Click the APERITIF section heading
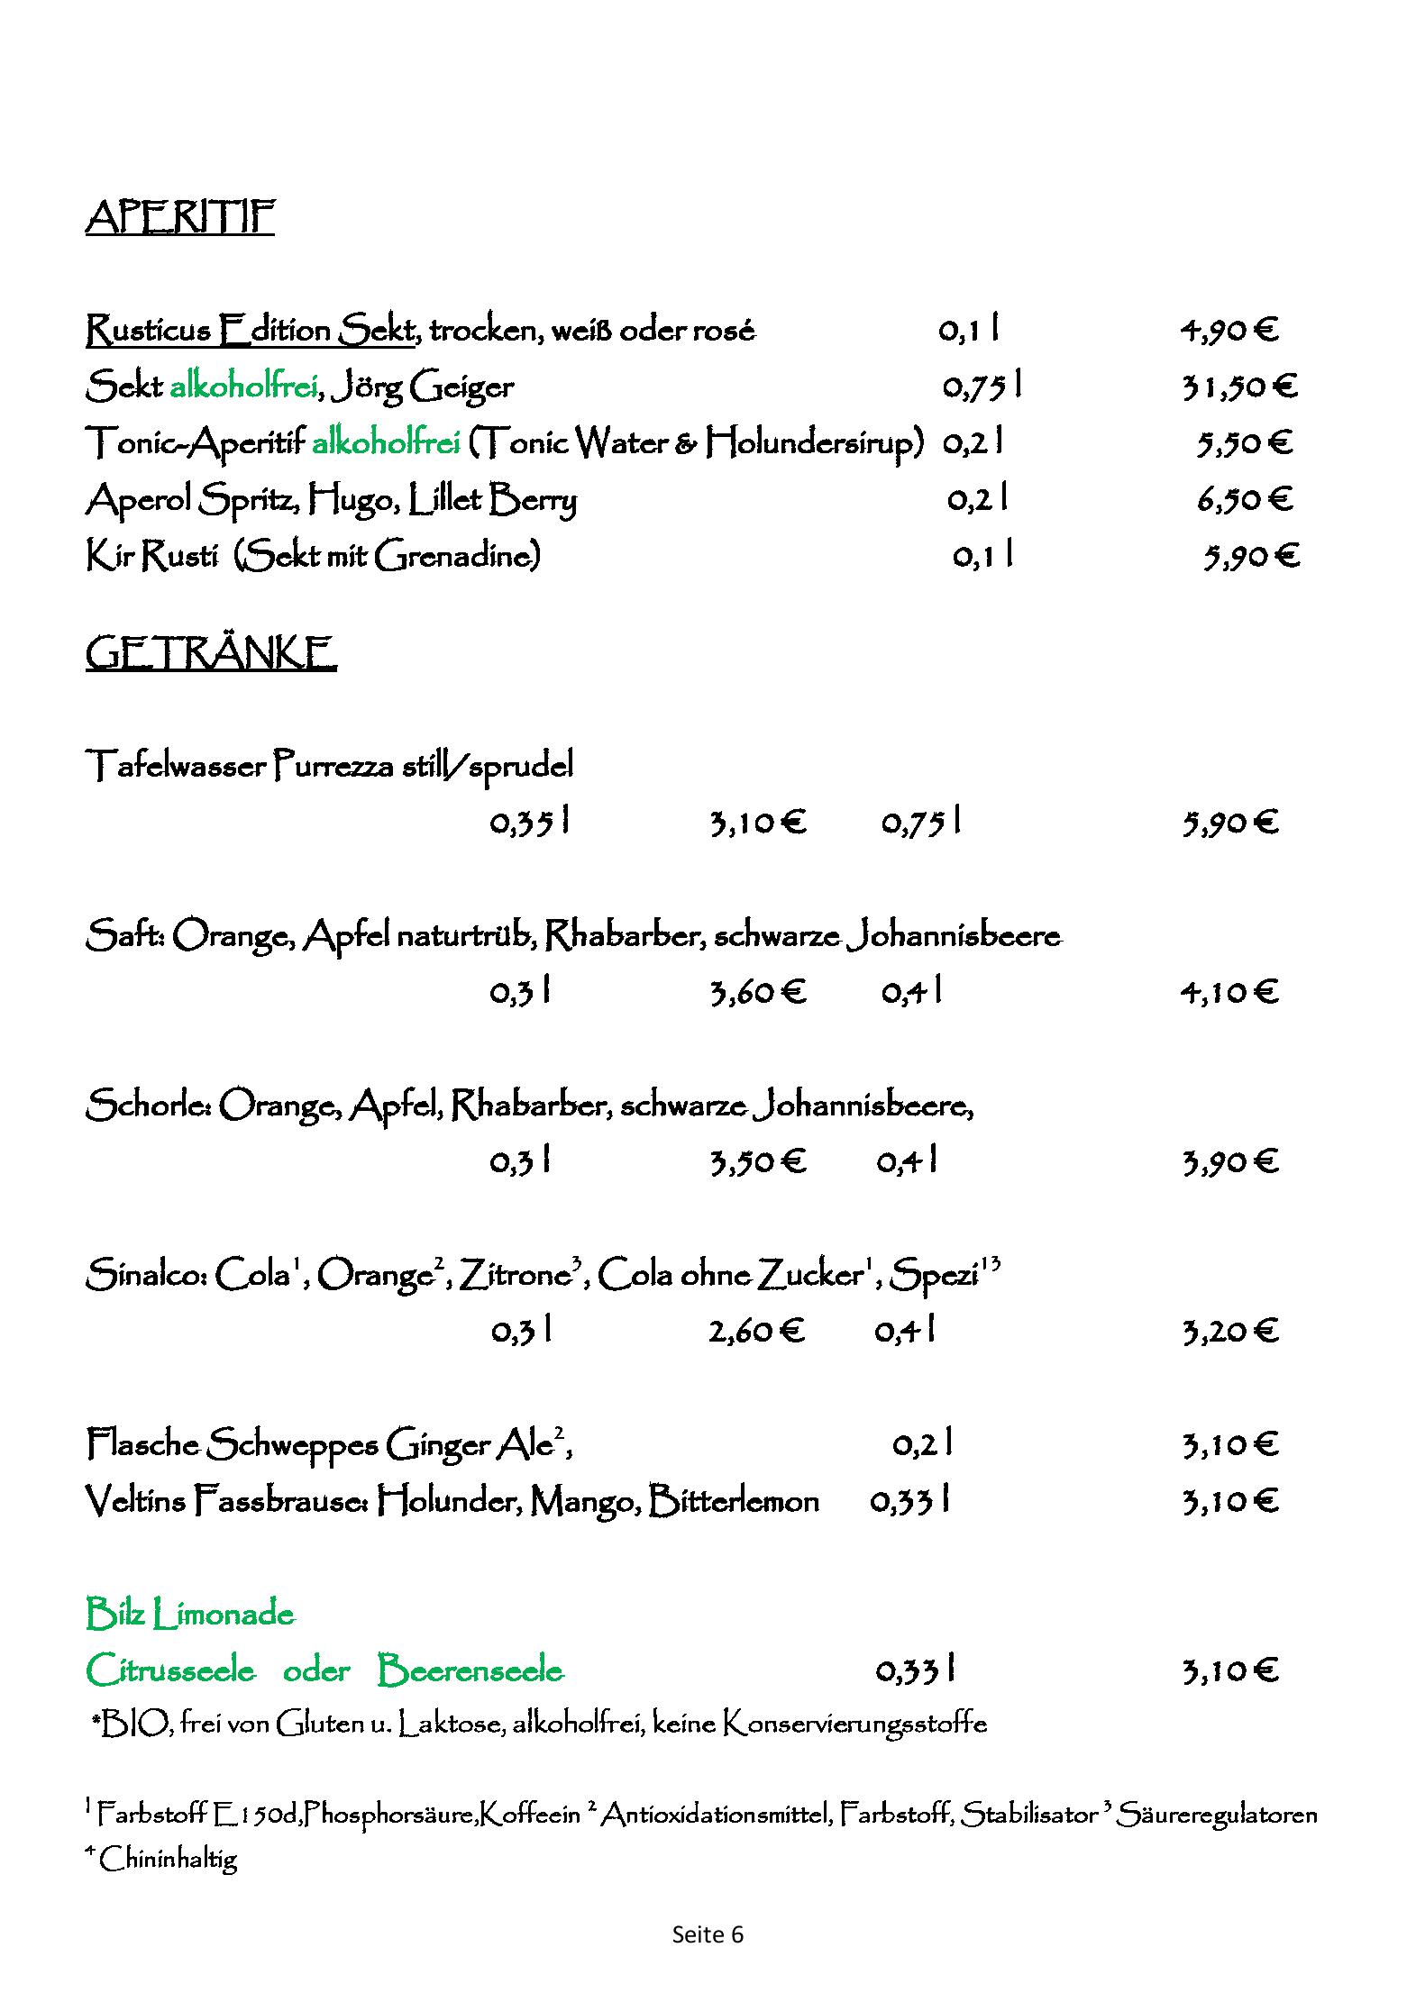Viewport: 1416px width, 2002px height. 179,217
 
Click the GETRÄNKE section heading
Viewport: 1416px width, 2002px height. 211,653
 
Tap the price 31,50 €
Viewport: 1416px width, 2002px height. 1239,387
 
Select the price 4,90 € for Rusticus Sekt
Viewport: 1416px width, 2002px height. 1229,332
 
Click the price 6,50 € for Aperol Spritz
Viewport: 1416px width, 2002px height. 1245,499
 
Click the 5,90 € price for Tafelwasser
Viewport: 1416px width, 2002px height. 1230,823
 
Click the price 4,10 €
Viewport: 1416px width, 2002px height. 1229,992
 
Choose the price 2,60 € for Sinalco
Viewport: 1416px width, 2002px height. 755,1331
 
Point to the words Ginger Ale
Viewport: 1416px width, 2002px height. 469,1445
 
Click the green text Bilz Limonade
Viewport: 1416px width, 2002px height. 190,1614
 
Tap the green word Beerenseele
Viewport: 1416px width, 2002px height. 470,1670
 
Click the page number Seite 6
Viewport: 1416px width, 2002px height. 708,1934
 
